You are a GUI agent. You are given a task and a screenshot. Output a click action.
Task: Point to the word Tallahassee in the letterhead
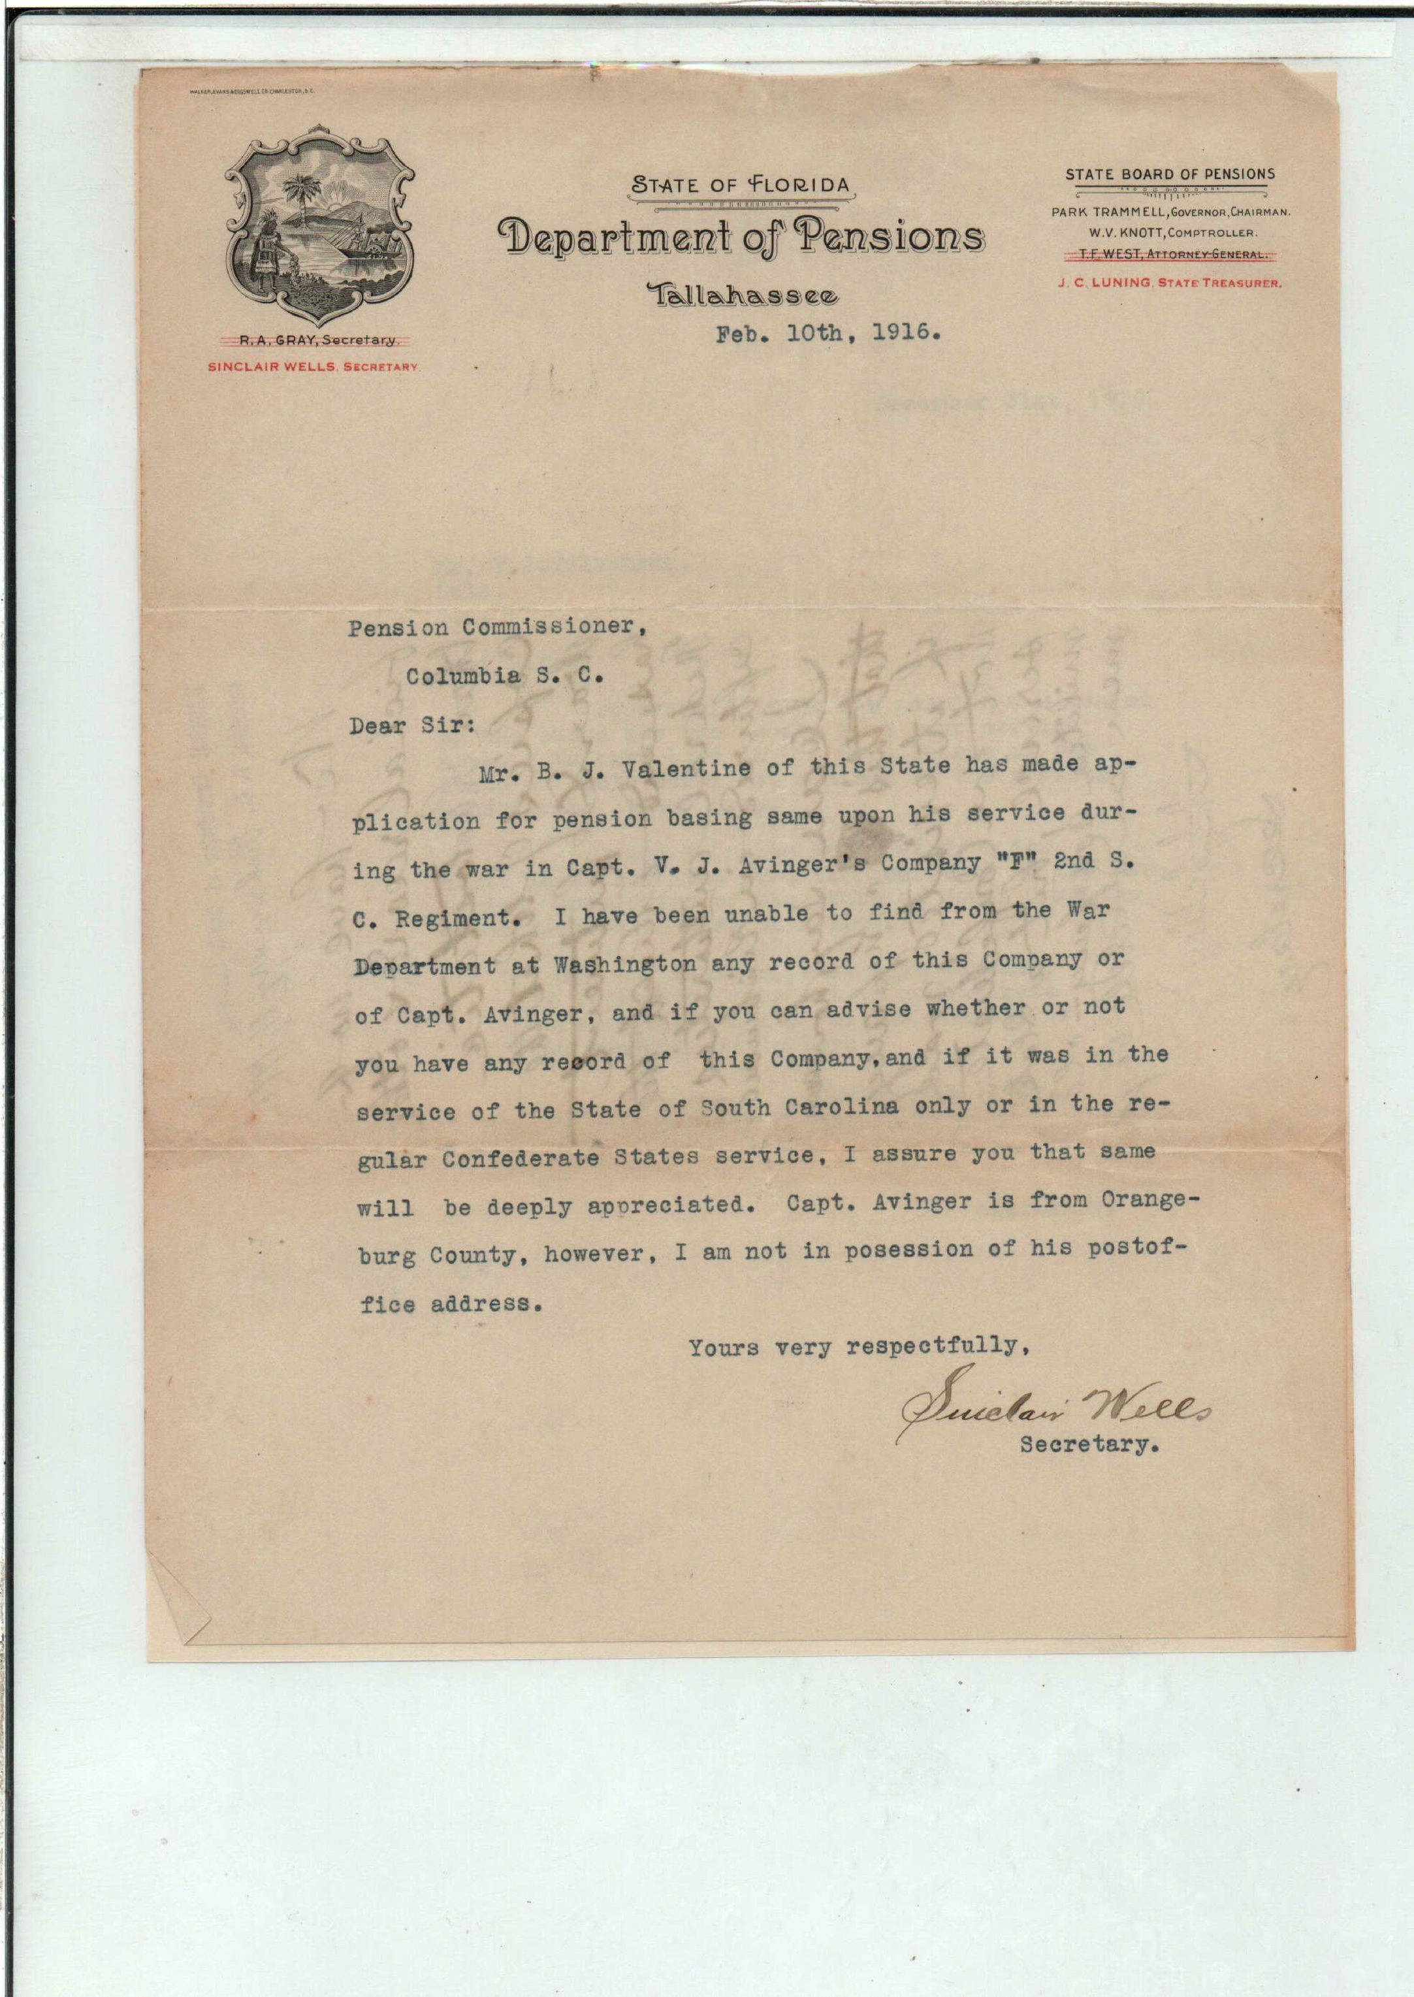click(743, 296)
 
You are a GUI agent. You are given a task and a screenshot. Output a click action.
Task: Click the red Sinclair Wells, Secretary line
click(314, 366)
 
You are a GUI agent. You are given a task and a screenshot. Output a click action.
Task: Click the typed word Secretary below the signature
click(1089, 1444)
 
